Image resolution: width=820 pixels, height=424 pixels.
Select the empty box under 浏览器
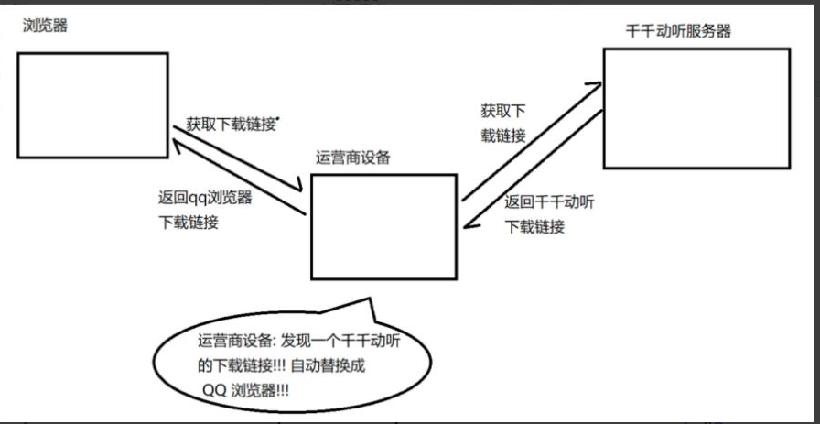[92, 100]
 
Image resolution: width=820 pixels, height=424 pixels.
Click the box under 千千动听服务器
[696, 107]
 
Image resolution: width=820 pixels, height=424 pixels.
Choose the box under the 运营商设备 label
[383, 226]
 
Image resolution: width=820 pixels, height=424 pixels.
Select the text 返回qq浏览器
[205, 197]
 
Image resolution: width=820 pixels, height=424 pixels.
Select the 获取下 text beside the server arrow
[503, 112]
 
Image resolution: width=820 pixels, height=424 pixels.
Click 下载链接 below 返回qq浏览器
[189, 222]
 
